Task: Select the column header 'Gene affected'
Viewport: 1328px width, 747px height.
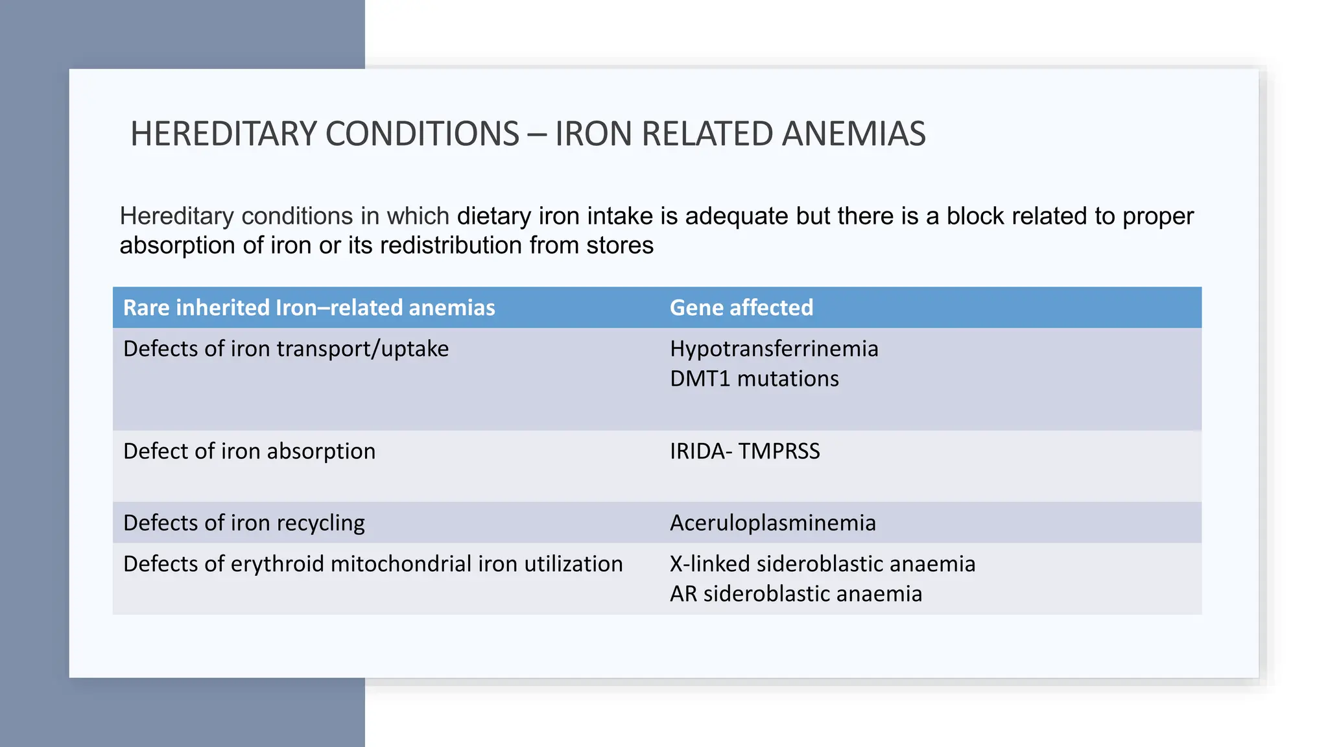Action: (741, 307)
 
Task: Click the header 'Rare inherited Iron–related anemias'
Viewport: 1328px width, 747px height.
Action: (309, 307)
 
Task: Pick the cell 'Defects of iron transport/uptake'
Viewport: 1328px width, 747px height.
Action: (285, 349)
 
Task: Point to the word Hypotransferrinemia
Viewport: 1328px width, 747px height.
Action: (774, 349)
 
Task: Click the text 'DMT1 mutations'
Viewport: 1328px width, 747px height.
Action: (753, 379)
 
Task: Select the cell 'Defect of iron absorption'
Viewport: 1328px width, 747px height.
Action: (249, 451)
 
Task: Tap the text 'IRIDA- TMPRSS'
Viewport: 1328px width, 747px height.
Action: (744, 451)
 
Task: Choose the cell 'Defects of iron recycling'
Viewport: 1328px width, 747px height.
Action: (244, 523)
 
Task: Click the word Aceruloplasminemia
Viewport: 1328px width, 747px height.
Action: (772, 523)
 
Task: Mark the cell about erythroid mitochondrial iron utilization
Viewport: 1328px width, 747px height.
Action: (373, 564)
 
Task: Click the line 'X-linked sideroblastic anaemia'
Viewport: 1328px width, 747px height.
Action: (822, 564)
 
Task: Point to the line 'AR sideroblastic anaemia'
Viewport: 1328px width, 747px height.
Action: (795, 594)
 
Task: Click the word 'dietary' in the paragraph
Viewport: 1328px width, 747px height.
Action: (493, 217)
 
